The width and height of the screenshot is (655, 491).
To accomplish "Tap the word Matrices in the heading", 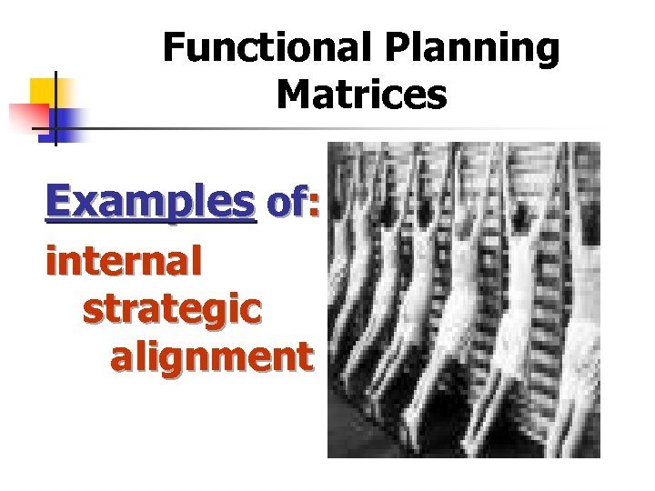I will [x=362, y=94].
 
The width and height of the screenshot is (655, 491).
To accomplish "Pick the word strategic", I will [x=172, y=309].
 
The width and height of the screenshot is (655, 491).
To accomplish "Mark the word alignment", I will [x=212, y=356].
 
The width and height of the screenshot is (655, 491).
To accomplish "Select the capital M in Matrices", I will [x=293, y=94].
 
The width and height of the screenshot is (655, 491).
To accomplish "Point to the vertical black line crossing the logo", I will [x=55, y=109].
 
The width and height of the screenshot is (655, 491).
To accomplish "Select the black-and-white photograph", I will [x=463, y=299].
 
